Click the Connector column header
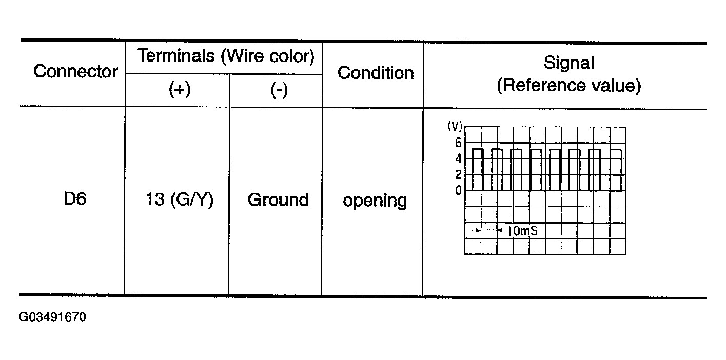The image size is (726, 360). click(x=75, y=71)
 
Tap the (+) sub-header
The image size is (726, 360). click(x=179, y=90)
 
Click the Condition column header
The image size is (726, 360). click(x=375, y=73)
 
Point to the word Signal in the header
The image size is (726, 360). click(x=568, y=64)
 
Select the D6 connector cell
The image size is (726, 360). click(x=74, y=199)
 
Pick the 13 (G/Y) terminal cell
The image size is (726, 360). click(x=179, y=199)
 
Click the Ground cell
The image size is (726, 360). click(x=278, y=199)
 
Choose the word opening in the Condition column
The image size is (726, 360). click(x=375, y=201)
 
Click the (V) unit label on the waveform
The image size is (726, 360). click(x=455, y=127)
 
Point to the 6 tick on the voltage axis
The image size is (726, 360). click(x=458, y=143)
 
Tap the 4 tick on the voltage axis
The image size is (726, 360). click(x=458, y=159)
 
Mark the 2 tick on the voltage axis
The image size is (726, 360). click(x=458, y=175)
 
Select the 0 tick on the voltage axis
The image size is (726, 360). click(x=458, y=191)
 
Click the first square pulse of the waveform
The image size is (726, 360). click(x=478, y=169)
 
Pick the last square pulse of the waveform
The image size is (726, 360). click(x=616, y=169)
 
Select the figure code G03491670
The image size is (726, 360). click(x=52, y=317)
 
